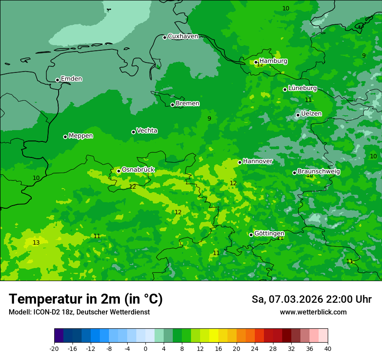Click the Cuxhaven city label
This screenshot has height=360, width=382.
pos(183,36)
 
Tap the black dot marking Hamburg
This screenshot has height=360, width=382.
pos(256,62)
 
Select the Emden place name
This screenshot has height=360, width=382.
pos(71,79)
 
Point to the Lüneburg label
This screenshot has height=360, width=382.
pos(303,88)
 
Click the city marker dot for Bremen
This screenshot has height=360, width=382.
pos(172,105)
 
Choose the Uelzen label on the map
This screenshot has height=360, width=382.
pos(311,114)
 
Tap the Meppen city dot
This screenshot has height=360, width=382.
pos(65,137)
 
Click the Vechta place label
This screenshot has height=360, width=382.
pos(147,131)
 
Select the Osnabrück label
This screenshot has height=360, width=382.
pos(138,170)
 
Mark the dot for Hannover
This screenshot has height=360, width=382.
pos(240,162)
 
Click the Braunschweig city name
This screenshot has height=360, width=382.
pos(319,172)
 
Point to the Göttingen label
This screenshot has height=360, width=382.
pos(269,234)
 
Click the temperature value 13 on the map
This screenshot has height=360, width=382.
pos(36,243)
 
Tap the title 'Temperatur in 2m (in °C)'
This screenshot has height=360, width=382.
pos(86,299)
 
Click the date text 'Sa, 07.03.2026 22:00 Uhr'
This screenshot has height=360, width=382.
pos(311,299)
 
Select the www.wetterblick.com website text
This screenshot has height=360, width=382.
pos(313,312)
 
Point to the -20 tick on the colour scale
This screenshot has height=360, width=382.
pos(54,349)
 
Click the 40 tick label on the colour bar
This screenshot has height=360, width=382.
pos(328,349)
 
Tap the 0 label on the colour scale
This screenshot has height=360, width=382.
pos(145,349)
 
